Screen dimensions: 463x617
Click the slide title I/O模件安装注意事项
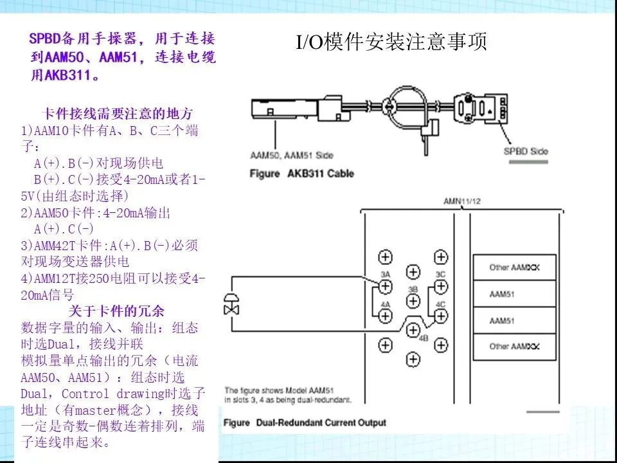[391, 42]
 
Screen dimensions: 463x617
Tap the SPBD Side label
[525, 151]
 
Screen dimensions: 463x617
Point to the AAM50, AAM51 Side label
[291, 156]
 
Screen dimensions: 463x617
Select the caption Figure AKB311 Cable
[301, 174]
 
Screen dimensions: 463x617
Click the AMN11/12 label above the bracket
[461, 201]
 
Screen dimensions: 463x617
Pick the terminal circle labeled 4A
[385, 316]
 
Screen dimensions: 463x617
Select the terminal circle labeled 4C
[440, 316]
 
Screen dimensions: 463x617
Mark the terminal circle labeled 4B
[413, 329]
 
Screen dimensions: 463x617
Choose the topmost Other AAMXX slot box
[515, 267]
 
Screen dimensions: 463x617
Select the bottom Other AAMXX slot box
[515, 347]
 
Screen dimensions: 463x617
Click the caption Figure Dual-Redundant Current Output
[305, 422]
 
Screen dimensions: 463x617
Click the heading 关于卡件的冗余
[117, 311]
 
